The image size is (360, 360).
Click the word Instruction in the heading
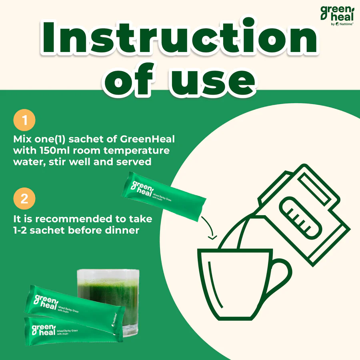(180, 38)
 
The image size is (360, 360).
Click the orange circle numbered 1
(24, 120)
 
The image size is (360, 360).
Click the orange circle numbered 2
(24, 199)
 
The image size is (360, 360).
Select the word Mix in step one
(22, 140)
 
